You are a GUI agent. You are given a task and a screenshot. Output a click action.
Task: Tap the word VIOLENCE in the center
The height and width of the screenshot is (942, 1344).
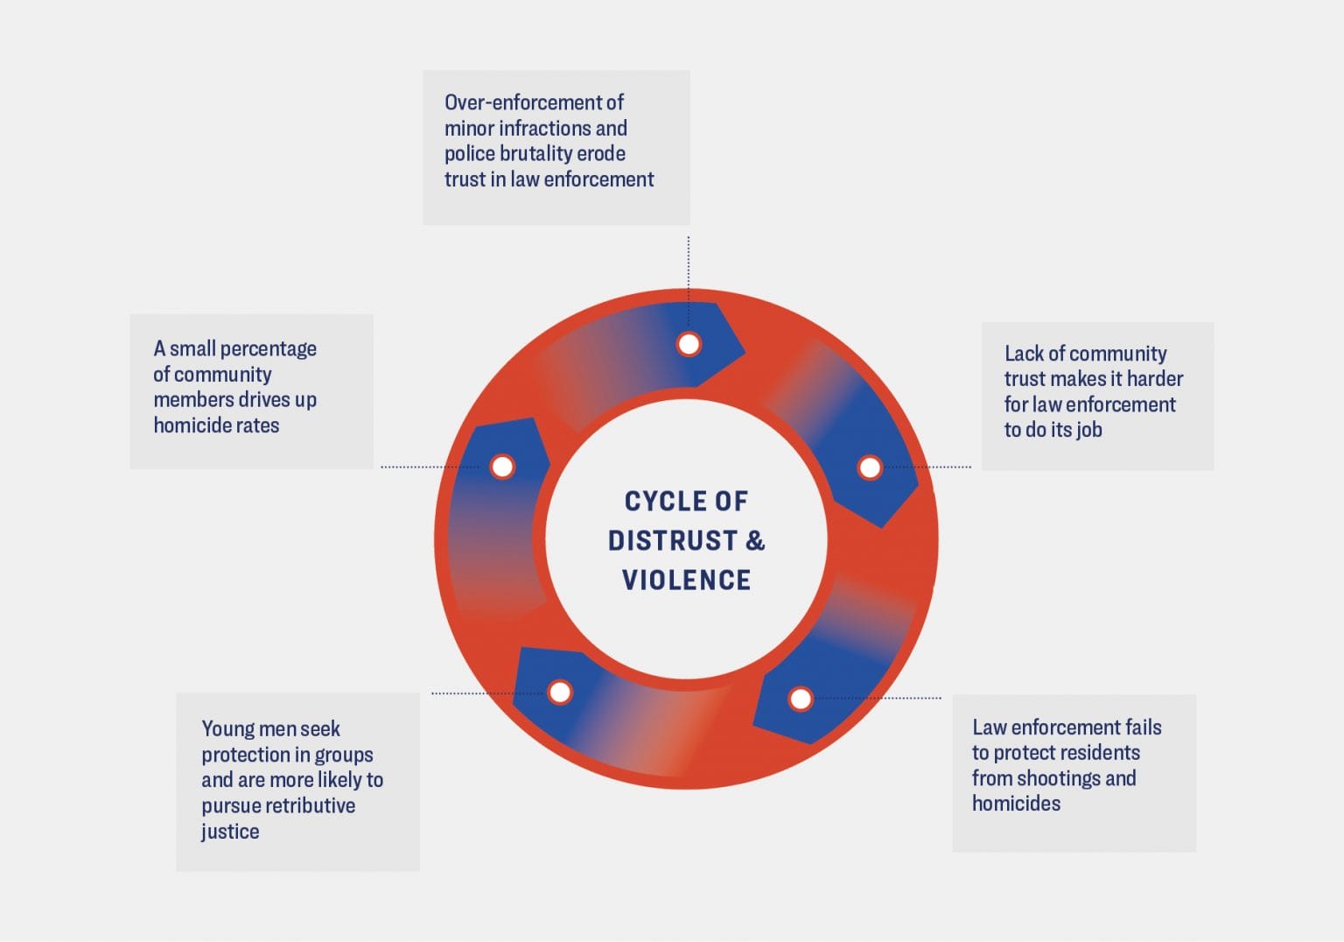686,580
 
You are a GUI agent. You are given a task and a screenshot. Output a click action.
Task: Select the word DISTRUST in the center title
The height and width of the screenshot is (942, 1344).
672,540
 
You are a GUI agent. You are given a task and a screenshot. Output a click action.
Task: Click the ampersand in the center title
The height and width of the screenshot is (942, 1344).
755,540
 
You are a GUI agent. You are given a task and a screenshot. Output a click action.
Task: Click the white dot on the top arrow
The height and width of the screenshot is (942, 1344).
689,344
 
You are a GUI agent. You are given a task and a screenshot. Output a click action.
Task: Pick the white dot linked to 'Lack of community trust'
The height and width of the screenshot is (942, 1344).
869,467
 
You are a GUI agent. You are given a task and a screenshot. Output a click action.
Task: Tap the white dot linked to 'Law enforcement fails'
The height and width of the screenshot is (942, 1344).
800,699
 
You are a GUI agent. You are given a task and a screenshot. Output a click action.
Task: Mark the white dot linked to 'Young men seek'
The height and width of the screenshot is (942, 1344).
560,692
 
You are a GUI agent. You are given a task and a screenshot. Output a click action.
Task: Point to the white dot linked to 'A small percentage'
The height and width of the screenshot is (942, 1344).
502,467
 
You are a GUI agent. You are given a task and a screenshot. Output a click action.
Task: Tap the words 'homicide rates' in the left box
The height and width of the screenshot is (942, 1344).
216,425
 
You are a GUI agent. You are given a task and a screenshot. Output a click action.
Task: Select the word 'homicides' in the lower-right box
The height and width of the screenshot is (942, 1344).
1016,804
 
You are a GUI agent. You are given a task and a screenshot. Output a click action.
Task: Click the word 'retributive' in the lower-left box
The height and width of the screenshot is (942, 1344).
308,805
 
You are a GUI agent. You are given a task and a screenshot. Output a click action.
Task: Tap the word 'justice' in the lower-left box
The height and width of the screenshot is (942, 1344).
230,832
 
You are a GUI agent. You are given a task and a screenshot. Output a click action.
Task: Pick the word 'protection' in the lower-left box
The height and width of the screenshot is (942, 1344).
244,755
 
